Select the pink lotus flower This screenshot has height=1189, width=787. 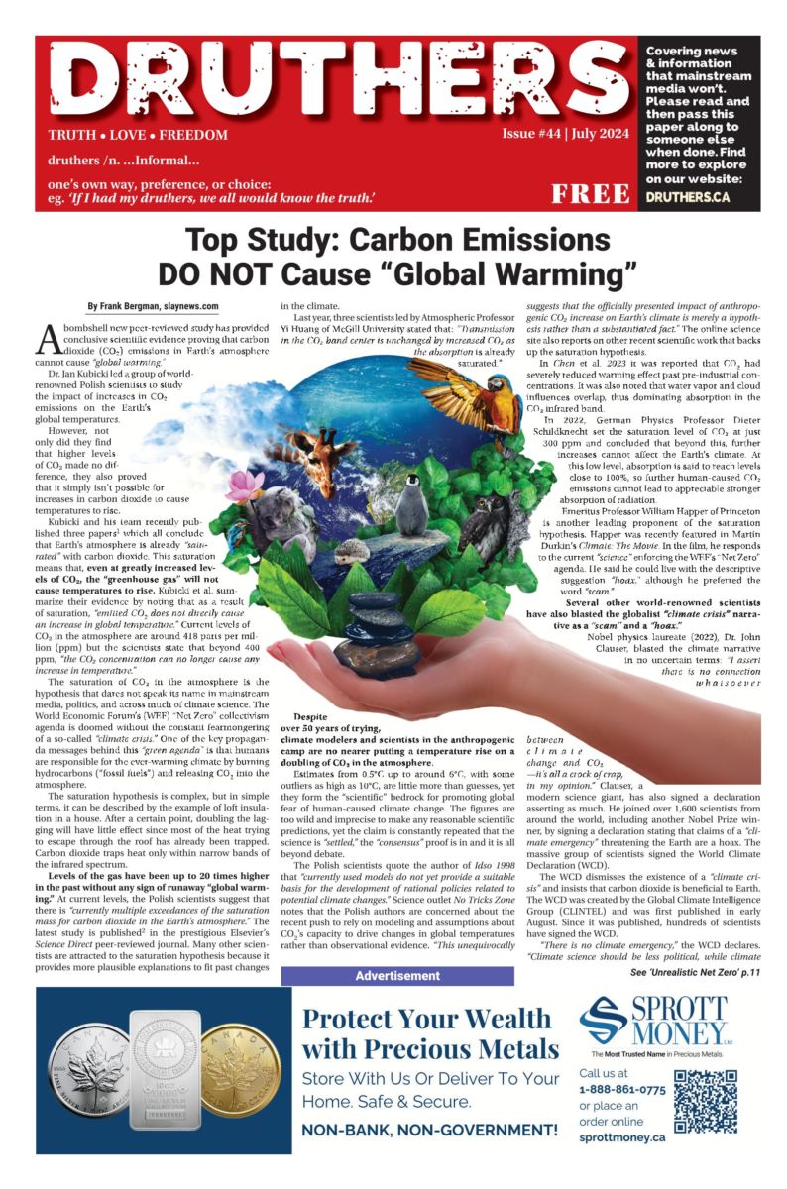pos(245,486)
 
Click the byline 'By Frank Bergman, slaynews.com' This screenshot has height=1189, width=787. pos(153,307)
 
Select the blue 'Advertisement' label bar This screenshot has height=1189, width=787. pos(396,976)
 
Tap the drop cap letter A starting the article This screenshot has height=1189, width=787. pos(50,340)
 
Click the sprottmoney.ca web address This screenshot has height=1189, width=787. pos(621,1139)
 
